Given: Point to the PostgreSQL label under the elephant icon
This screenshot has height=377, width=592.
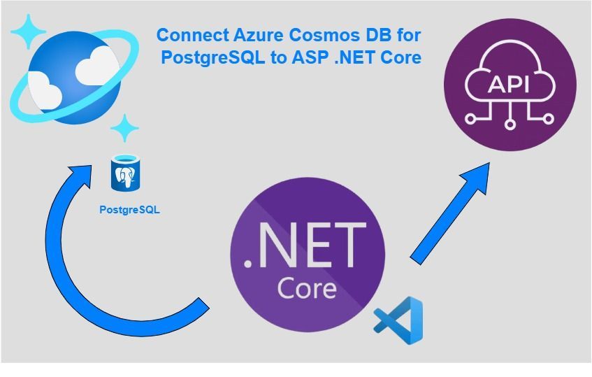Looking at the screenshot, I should point(129,209).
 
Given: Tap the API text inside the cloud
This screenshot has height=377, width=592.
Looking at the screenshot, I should point(510,85).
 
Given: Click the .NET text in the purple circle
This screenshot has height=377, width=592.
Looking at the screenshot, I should point(306,246).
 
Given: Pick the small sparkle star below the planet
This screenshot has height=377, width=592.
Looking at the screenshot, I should point(124,128).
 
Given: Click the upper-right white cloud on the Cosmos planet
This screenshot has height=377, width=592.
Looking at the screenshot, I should point(93,68).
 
